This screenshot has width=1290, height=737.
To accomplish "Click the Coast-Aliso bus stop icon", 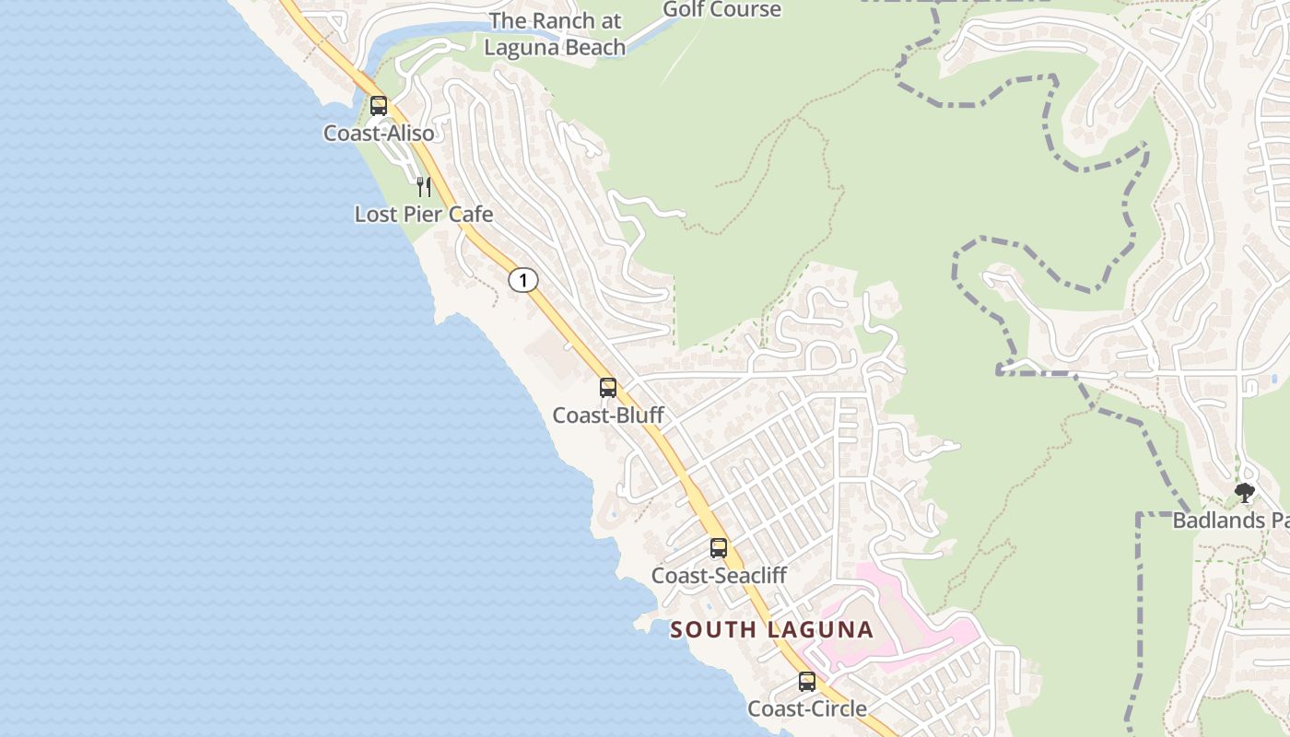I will (x=379, y=105).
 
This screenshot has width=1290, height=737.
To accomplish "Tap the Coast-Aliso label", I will (x=379, y=134).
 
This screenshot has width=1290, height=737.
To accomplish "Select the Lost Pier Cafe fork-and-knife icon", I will (x=424, y=187).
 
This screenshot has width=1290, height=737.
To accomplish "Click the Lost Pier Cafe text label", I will (x=424, y=215).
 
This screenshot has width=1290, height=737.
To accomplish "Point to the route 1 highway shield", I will (x=523, y=280).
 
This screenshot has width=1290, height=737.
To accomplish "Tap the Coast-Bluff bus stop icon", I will (x=608, y=388).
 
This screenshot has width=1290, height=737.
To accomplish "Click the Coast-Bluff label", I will (x=608, y=415).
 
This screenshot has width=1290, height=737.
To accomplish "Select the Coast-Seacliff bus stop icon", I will (x=719, y=548).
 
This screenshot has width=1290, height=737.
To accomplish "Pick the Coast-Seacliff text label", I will (x=719, y=576).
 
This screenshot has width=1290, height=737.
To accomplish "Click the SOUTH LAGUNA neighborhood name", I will (x=771, y=630).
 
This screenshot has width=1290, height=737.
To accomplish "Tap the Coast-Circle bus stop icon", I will (x=807, y=682).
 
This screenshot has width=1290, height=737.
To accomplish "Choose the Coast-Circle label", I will (x=807, y=708).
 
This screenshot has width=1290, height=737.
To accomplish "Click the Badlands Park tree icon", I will (x=1245, y=493).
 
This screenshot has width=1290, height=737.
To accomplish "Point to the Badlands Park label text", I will (x=1230, y=521).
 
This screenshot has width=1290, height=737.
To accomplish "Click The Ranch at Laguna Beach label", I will (x=555, y=34).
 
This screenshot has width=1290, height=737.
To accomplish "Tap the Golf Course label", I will (x=721, y=10).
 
